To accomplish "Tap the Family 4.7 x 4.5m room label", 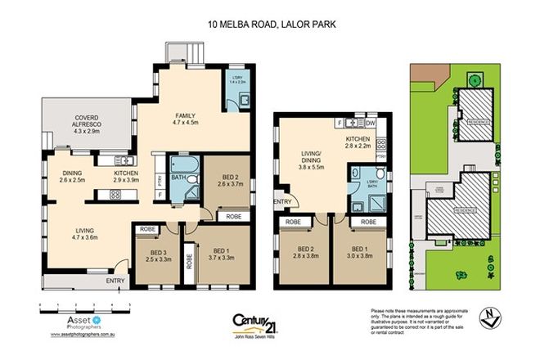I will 187,120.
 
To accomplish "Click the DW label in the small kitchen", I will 370,123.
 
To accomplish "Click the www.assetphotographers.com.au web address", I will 85,335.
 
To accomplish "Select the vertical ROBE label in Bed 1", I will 191,262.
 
